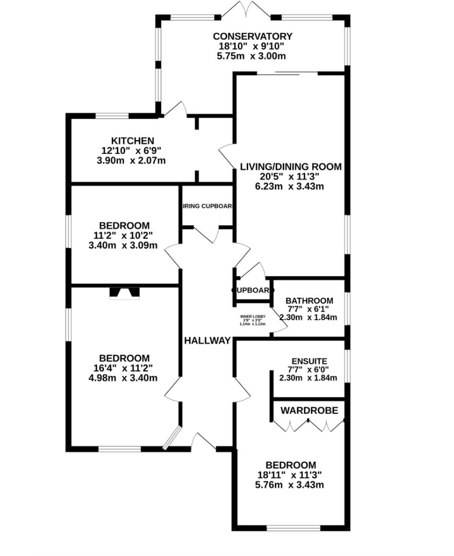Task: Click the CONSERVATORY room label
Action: coord(252,36)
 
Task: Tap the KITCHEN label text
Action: coord(133,141)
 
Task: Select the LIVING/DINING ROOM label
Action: coord(290,167)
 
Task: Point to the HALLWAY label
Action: coord(208,341)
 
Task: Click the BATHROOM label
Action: coord(309,301)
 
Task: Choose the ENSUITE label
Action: coord(309,361)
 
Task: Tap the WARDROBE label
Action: coord(309,411)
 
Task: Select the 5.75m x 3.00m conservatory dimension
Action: coord(251,56)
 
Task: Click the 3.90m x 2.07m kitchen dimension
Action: coord(131,161)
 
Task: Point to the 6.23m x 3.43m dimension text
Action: coord(289,186)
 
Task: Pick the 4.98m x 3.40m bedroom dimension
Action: coord(124,378)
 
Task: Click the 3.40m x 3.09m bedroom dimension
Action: coord(124,246)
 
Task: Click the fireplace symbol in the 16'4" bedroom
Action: coord(124,293)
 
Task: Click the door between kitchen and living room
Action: coord(226,154)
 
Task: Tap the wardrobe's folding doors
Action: coord(309,425)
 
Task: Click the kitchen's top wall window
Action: coord(112,116)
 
